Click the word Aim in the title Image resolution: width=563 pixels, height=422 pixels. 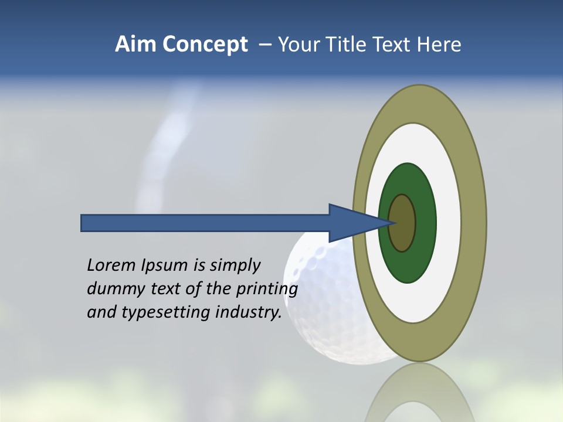(x=135, y=45)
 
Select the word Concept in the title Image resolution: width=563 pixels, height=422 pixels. (x=204, y=45)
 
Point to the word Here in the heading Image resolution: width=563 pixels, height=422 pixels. (x=439, y=45)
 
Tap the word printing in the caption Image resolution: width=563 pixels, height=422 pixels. (x=267, y=290)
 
